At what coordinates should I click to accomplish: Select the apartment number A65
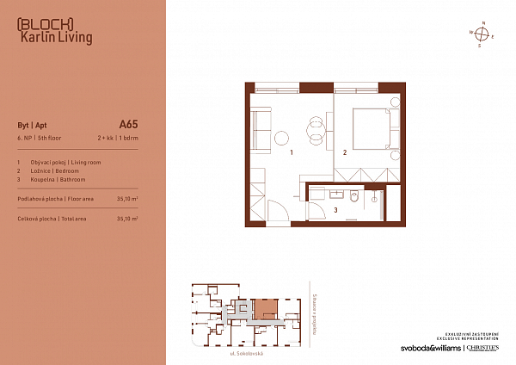click(128, 124)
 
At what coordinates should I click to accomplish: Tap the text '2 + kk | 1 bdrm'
click(117, 138)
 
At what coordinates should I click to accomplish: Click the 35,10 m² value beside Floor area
click(127, 198)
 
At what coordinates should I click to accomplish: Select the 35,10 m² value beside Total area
click(127, 219)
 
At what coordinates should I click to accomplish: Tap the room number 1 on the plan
click(292, 152)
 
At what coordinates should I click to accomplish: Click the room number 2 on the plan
click(344, 152)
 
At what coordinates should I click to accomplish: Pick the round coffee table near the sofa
click(283, 137)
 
